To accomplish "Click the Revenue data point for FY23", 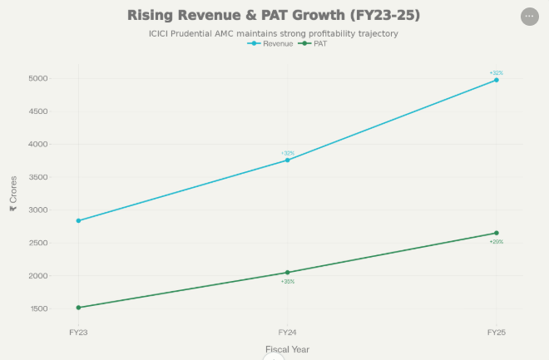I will [78, 220].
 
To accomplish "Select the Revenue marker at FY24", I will [287, 160].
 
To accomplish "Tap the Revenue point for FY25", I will [497, 80].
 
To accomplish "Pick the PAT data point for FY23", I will [78, 308].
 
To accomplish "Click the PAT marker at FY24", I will [287, 272].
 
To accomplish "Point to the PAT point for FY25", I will [497, 233].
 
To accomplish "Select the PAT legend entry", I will [314, 43].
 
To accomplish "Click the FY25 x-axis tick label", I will [497, 332].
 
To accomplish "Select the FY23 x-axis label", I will [78, 332].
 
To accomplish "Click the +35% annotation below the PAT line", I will [288, 282].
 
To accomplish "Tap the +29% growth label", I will [497, 242].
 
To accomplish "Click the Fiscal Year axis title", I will [287, 349].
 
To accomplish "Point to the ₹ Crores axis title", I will [13, 194].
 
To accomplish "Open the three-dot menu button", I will [529, 16].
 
